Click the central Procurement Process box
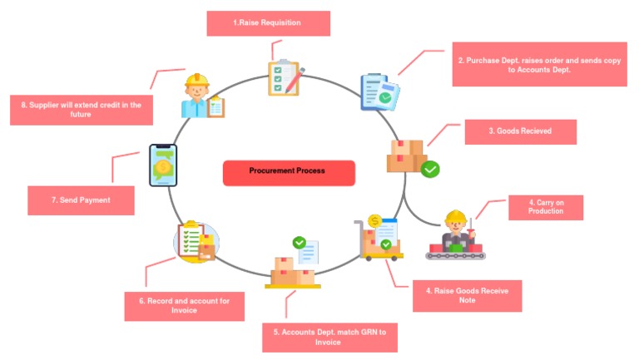tap(289, 173)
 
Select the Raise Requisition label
tap(269, 23)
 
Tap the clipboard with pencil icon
tap(285, 78)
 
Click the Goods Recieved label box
tap(520, 131)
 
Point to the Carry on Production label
tap(546, 207)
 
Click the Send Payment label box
tap(81, 200)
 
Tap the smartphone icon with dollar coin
tap(163, 165)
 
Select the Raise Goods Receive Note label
tap(467, 296)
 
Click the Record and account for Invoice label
tap(184, 306)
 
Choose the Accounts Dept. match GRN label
tap(329, 338)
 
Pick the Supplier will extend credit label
tap(82, 110)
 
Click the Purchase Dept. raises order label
tap(539, 64)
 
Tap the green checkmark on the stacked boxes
tap(430, 169)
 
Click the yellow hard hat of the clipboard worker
tap(197, 80)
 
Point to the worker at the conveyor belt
tap(456, 235)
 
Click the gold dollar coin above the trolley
tap(374, 221)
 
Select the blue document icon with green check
tap(379, 92)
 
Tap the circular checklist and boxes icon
tap(196, 241)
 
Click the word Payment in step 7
tap(95, 200)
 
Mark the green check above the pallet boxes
tap(300, 243)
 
